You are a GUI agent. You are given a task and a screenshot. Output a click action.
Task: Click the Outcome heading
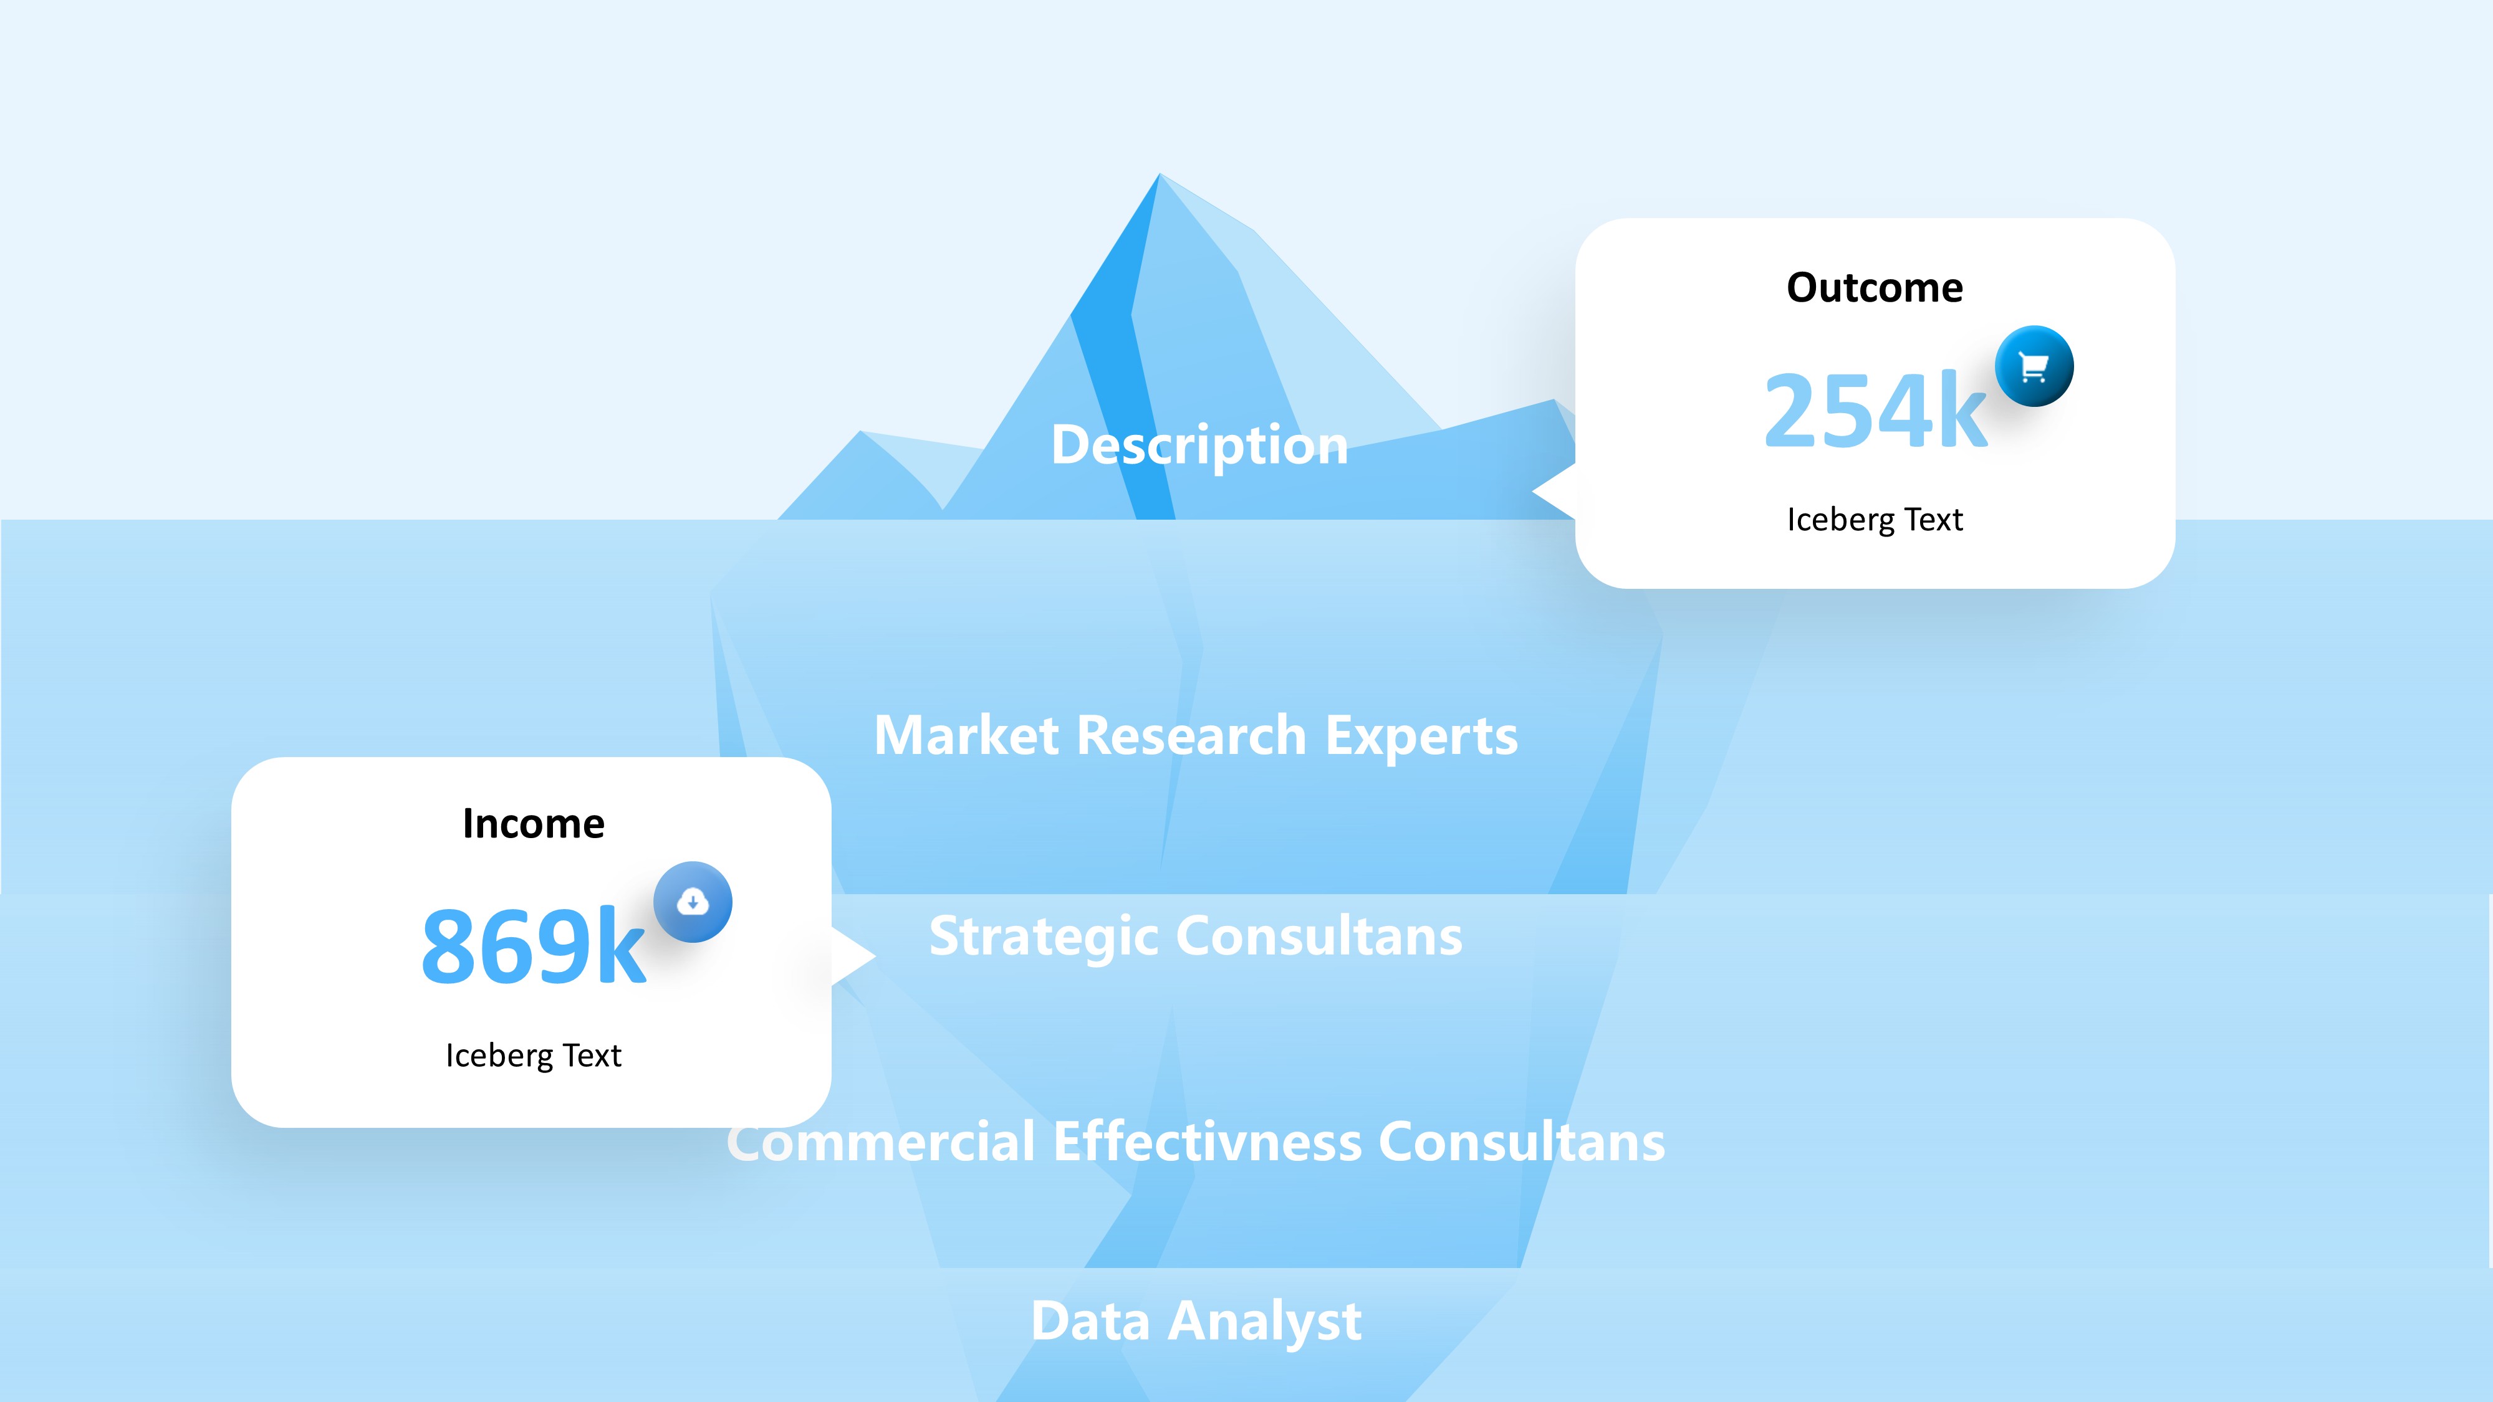coord(1875,287)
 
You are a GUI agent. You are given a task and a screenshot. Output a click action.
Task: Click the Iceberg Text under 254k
coord(1875,520)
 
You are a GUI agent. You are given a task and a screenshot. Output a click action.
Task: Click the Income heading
coord(533,823)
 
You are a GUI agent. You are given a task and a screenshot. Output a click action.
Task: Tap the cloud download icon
coord(693,902)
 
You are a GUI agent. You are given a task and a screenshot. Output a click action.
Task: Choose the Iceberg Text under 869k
coord(533,1055)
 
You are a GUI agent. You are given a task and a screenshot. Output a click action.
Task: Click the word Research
coord(1191,735)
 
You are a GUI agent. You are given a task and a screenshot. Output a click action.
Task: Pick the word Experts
coord(1421,737)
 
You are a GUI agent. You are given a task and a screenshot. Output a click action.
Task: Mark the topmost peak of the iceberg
coord(1160,174)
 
